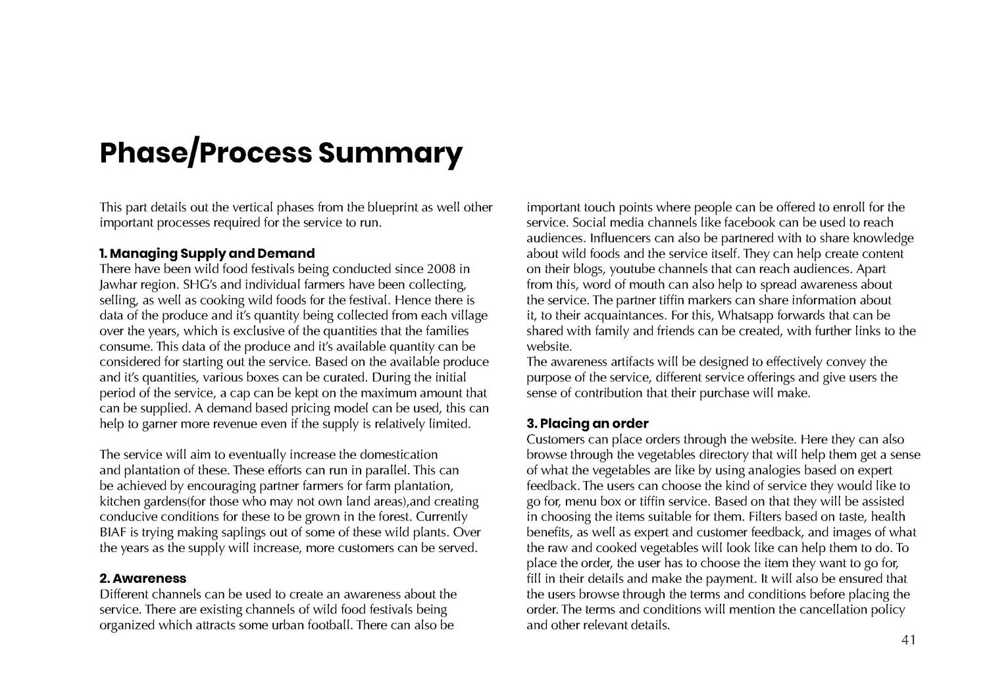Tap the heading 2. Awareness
[x=143, y=578]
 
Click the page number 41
[x=908, y=639]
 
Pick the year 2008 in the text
[x=441, y=268]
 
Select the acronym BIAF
[x=113, y=532]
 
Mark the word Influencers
[x=622, y=237]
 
